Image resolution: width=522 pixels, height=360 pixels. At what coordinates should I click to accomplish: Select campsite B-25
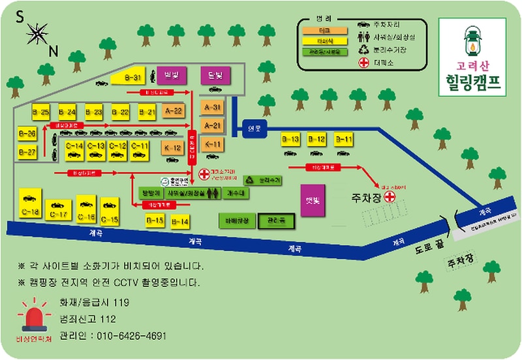click(x=40, y=112)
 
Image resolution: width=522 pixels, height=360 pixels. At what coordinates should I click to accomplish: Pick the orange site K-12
click(x=173, y=147)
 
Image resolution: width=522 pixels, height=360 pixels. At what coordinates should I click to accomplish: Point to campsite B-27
click(x=27, y=153)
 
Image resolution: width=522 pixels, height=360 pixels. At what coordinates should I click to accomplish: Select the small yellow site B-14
click(x=179, y=222)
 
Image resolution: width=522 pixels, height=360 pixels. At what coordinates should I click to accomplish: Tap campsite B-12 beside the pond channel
click(x=316, y=140)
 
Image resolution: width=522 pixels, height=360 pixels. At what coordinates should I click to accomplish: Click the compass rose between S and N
click(x=38, y=33)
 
